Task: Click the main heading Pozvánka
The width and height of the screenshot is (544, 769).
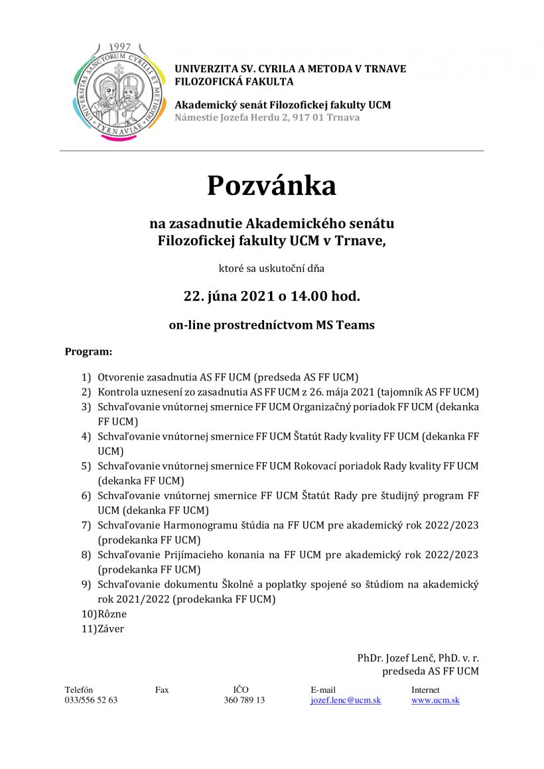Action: coord(271,186)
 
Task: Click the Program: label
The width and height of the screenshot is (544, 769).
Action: coord(88,351)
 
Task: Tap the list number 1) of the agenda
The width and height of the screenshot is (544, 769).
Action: coord(86,377)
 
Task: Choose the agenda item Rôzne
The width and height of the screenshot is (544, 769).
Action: coord(112,614)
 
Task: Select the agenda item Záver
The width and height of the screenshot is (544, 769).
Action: coord(111,628)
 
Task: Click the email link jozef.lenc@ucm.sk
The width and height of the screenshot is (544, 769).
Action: coord(346,700)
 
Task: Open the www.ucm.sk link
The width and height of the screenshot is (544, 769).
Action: coord(435,700)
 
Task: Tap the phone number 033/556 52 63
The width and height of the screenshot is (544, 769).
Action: coord(91,700)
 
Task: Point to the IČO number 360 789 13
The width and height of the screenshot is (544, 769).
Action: coord(244,700)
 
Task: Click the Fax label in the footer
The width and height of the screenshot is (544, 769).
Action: coord(162,689)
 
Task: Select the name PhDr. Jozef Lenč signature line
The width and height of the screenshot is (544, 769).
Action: coord(418,658)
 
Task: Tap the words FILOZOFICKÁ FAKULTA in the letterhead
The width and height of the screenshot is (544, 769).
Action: coord(234,82)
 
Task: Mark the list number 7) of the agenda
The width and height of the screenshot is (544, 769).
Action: coord(86,525)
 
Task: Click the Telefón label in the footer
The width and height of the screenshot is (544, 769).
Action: coord(79,689)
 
